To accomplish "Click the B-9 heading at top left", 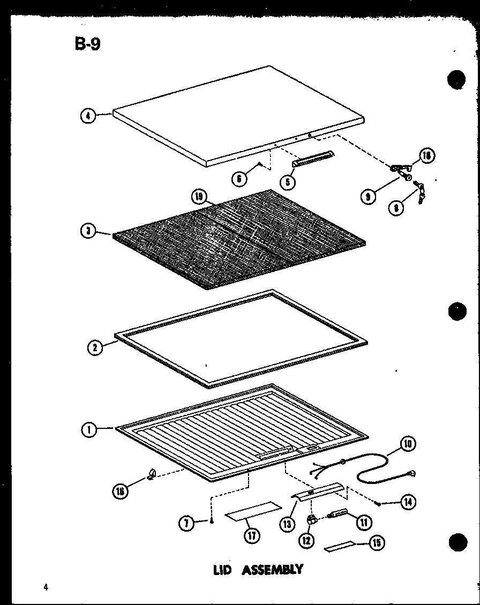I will click(x=87, y=44).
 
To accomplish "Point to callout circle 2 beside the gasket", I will click(x=94, y=347).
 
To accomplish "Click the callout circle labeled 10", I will click(x=408, y=444).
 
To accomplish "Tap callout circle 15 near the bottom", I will click(x=377, y=544).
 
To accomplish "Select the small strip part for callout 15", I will click(x=340, y=547).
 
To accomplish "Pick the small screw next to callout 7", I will click(x=213, y=521).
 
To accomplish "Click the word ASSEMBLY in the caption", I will click(x=272, y=570).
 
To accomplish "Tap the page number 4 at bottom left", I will click(x=46, y=587).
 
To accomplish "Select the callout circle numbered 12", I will click(x=306, y=541).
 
